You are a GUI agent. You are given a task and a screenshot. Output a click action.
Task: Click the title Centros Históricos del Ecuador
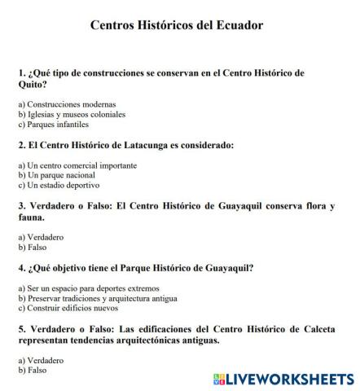pos(177,25)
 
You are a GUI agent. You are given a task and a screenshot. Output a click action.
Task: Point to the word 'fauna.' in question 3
pos(34,218)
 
